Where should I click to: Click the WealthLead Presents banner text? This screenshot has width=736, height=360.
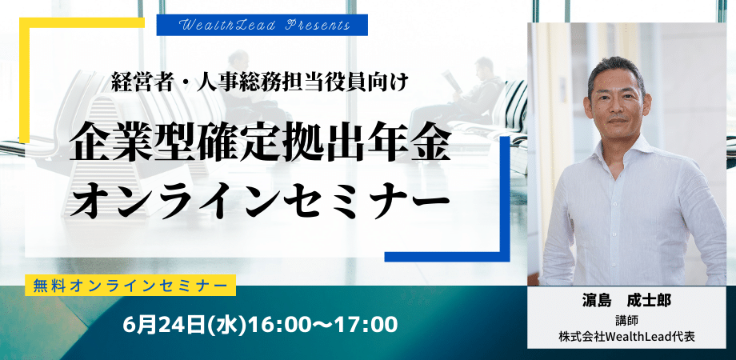click(x=265, y=26)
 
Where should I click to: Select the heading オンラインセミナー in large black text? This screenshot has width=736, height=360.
click(x=258, y=201)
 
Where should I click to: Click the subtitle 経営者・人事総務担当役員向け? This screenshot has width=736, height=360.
click(x=262, y=83)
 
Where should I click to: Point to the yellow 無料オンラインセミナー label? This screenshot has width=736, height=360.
click(x=130, y=286)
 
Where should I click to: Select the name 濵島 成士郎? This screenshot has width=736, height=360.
click(x=626, y=301)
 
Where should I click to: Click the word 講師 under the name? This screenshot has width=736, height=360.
click(x=626, y=320)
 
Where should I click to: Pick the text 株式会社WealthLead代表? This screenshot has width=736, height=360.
click(x=626, y=337)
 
